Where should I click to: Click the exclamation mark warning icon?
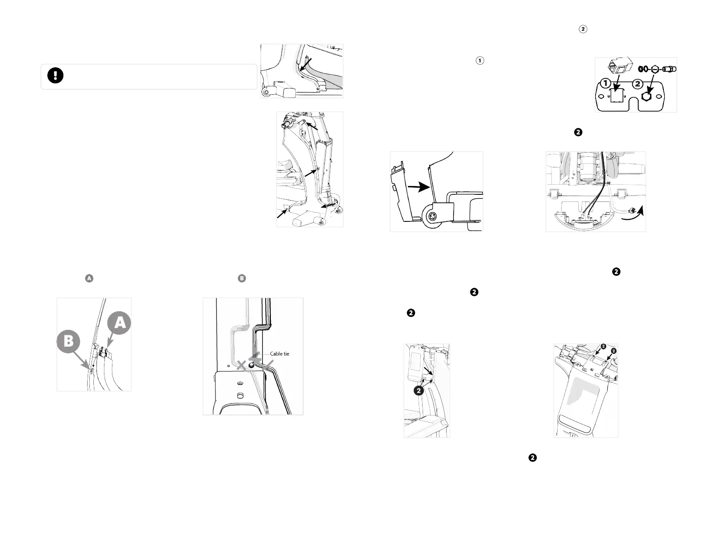tap(56, 76)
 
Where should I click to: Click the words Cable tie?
tap(279, 354)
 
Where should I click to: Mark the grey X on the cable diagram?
tap(242, 366)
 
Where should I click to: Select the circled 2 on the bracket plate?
tap(638, 83)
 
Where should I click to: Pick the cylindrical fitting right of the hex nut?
tap(670, 69)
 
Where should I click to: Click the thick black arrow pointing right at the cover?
tap(418, 187)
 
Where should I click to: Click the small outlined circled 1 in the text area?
tap(479, 61)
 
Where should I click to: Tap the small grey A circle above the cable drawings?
tap(89, 279)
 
